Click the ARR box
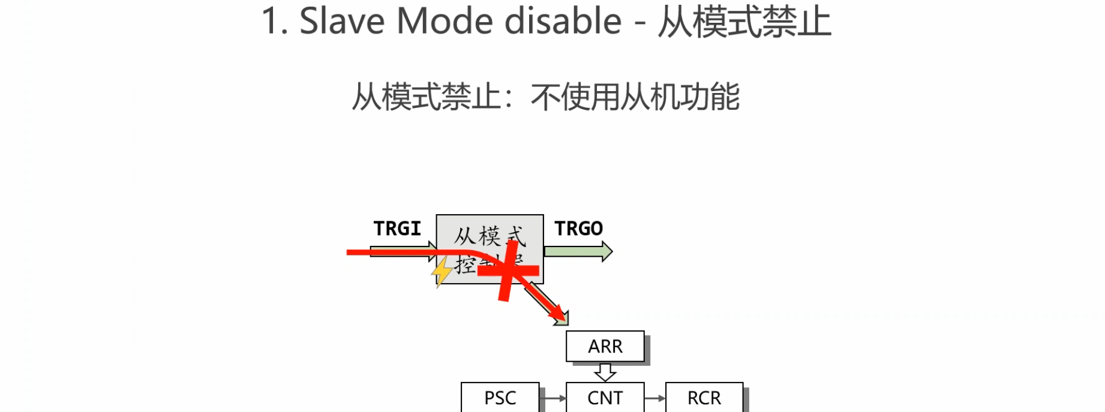[x=605, y=346]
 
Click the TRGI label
[x=397, y=228]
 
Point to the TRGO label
[x=578, y=228]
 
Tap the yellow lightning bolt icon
[x=442, y=272]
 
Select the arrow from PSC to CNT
[x=552, y=398]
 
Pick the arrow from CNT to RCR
[x=655, y=398]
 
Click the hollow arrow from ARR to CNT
[x=605, y=372]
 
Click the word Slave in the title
[x=341, y=22]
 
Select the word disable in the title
[x=562, y=22]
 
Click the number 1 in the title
[x=271, y=22]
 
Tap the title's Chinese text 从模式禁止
[x=744, y=22]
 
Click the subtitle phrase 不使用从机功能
[x=635, y=97]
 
